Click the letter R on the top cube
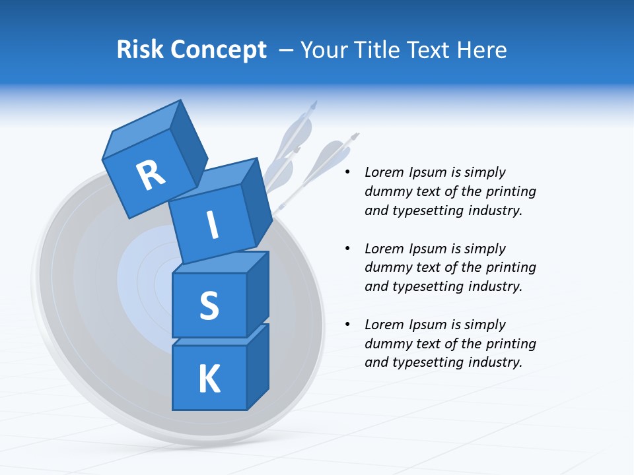point(151,175)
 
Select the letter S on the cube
point(209,306)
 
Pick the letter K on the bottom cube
point(209,379)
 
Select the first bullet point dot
point(347,173)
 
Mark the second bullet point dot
point(347,249)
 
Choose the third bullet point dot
point(347,325)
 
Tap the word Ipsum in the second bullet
point(429,249)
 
